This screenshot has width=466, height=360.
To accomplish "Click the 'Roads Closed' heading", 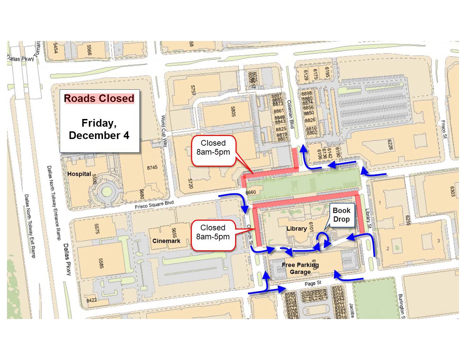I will (x=99, y=98).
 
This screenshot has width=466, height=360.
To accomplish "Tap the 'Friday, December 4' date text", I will (x=99, y=129).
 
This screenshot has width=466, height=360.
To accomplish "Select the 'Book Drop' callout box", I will (x=342, y=215).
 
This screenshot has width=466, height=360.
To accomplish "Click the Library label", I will (x=297, y=229).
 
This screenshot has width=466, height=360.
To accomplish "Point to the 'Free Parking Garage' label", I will (x=300, y=268).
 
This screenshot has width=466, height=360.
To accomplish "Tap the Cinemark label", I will (x=166, y=241).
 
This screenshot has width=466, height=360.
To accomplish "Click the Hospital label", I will (x=79, y=174).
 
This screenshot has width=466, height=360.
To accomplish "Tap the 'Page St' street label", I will (x=313, y=283).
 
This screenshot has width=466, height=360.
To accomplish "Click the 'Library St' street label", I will (x=368, y=218).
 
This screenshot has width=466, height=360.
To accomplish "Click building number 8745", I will (x=152, y=167).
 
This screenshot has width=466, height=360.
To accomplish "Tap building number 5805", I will (x=233, y=112).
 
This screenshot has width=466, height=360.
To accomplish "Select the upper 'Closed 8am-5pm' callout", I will (x=213, y=148).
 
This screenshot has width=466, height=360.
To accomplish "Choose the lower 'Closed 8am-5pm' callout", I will (x=213, y=232).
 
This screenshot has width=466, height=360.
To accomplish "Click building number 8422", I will (x=92, y=300).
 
